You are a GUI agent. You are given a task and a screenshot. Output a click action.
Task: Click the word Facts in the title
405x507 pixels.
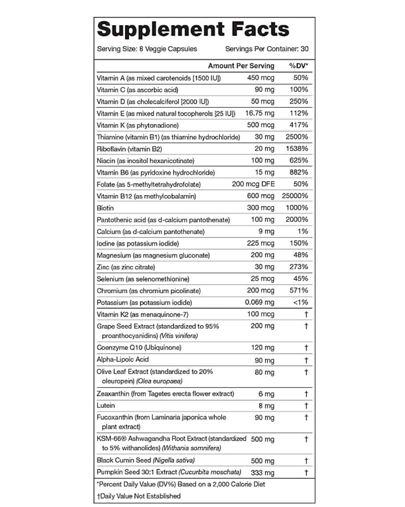click(x=260, y=29)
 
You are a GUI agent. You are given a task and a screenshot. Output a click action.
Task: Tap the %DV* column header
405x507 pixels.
click(x=299, y=66)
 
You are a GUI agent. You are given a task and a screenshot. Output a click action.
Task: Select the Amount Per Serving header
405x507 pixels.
click(x=241, y=66)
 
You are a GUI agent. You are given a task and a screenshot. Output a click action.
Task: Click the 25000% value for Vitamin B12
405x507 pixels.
click(x=295, y=196)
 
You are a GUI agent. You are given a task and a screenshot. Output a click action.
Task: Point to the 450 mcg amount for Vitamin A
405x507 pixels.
click(x=261, y=78)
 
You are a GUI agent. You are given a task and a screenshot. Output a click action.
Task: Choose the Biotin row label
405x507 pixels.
click(x=105, y=208)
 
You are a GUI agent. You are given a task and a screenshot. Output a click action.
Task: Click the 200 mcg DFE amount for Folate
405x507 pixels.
click(x=253, y=184)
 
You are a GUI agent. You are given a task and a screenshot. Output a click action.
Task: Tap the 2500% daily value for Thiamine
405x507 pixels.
click(x=297, y=137)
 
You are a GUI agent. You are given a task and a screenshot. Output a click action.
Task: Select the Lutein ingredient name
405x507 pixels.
click(x=106, y=405)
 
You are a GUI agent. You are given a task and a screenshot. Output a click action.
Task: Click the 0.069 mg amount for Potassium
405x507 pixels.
click(x=260, y=303)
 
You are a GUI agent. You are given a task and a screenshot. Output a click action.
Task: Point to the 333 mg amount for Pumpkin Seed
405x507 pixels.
click(x=263, y=473)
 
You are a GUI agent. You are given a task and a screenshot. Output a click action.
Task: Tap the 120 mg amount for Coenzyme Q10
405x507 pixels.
click(x=263, y=348)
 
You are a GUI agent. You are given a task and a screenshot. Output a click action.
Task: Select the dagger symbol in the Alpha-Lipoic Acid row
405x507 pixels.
click(x=306, y=360)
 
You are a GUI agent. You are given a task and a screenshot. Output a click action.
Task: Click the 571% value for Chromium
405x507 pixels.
click(x=299, y=290)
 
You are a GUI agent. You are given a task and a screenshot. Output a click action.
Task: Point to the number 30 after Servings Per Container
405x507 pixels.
click(x=304, y=49)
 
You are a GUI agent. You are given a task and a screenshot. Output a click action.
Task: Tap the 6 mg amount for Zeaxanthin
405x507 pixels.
click(x=266, y=394)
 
